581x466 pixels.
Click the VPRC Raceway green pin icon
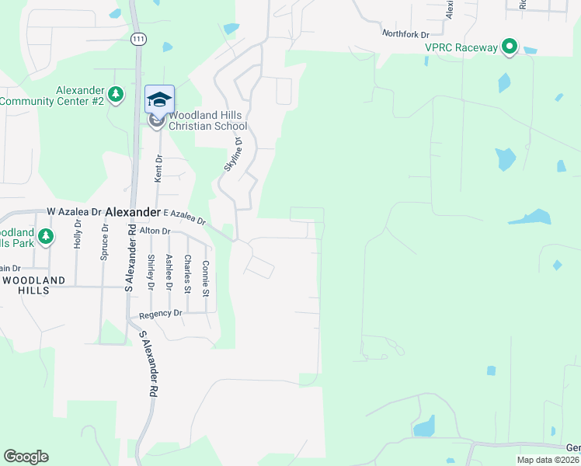tap(510, 47)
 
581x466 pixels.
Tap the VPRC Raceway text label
tap(461, 47)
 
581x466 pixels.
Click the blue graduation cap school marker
tap(159, 99)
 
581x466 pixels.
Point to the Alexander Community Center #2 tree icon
tap(116, 95)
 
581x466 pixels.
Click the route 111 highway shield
tap(137, 39)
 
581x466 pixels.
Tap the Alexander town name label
tap(133, 211)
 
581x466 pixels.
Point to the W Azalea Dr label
tap(75, 211)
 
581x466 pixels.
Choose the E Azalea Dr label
tap(185, 216)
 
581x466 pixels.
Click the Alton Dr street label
tap(155, 231)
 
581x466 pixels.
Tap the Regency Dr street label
tap(160, 314)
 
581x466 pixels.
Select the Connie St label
tap(205, 278)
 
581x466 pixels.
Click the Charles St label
tap(187, 273)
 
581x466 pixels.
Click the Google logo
tap(26, 457)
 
